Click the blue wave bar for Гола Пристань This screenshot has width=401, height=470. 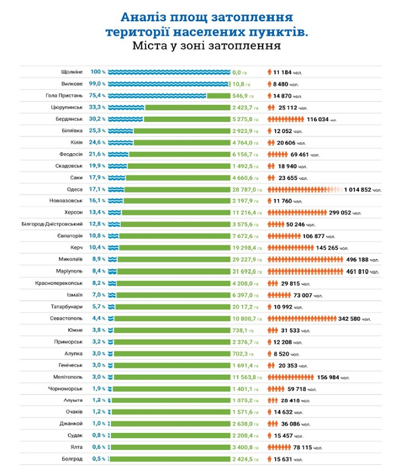pyautogui.click(x=157, y=96)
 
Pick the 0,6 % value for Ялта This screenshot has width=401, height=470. pyautogui.click(x=97, y=447)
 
